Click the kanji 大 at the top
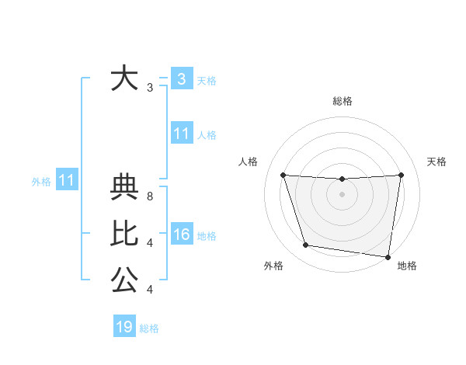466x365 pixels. (x=124, y=79)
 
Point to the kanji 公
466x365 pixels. (x=124, y=280)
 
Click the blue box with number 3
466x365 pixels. (x=181, y=79)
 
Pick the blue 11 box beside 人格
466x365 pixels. (x=181, y=134)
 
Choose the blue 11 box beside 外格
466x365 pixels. (x=67, y=181)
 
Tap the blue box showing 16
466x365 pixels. (x=181, y=235)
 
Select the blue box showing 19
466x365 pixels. (x=124, y=327)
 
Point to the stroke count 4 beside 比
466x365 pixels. (x=150, y=243)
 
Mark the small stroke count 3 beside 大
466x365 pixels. (x=149, y=88)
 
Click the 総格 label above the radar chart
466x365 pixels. (x=343, y=101)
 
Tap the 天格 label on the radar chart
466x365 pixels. (x=437, y=162)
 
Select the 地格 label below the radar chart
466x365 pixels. (x=407, y=266)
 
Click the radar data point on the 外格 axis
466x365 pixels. (x=306, y=245)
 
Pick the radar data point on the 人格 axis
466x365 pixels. (x=283, y=175)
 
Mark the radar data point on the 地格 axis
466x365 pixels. (x=387, y=256)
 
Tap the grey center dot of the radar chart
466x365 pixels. (x=342, y=194)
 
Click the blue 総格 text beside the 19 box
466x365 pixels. (x=149, y=328)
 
